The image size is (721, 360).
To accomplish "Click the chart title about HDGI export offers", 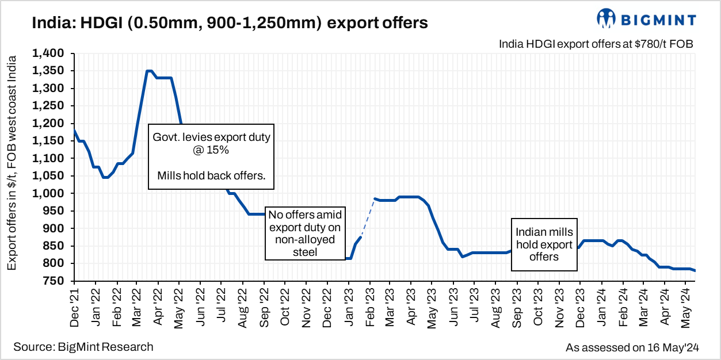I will click(230, 22).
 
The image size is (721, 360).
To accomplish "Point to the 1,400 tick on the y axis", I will click(51, 53).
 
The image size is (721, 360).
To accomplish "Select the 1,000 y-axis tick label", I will click(51, 193).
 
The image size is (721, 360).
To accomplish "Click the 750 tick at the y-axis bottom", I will click(56, 281).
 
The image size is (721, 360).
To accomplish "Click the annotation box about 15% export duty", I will click(211, 156).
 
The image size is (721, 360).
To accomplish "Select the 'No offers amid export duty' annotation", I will click(306, 233).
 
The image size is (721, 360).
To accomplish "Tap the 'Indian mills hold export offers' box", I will click(544, 244).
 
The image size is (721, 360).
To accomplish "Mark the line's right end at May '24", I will click(695, 271).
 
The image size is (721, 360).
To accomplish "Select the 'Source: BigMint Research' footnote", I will click(83, 347).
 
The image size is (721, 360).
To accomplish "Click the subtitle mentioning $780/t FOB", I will click(596, 44).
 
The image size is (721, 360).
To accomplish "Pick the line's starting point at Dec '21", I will click(75, 131).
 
